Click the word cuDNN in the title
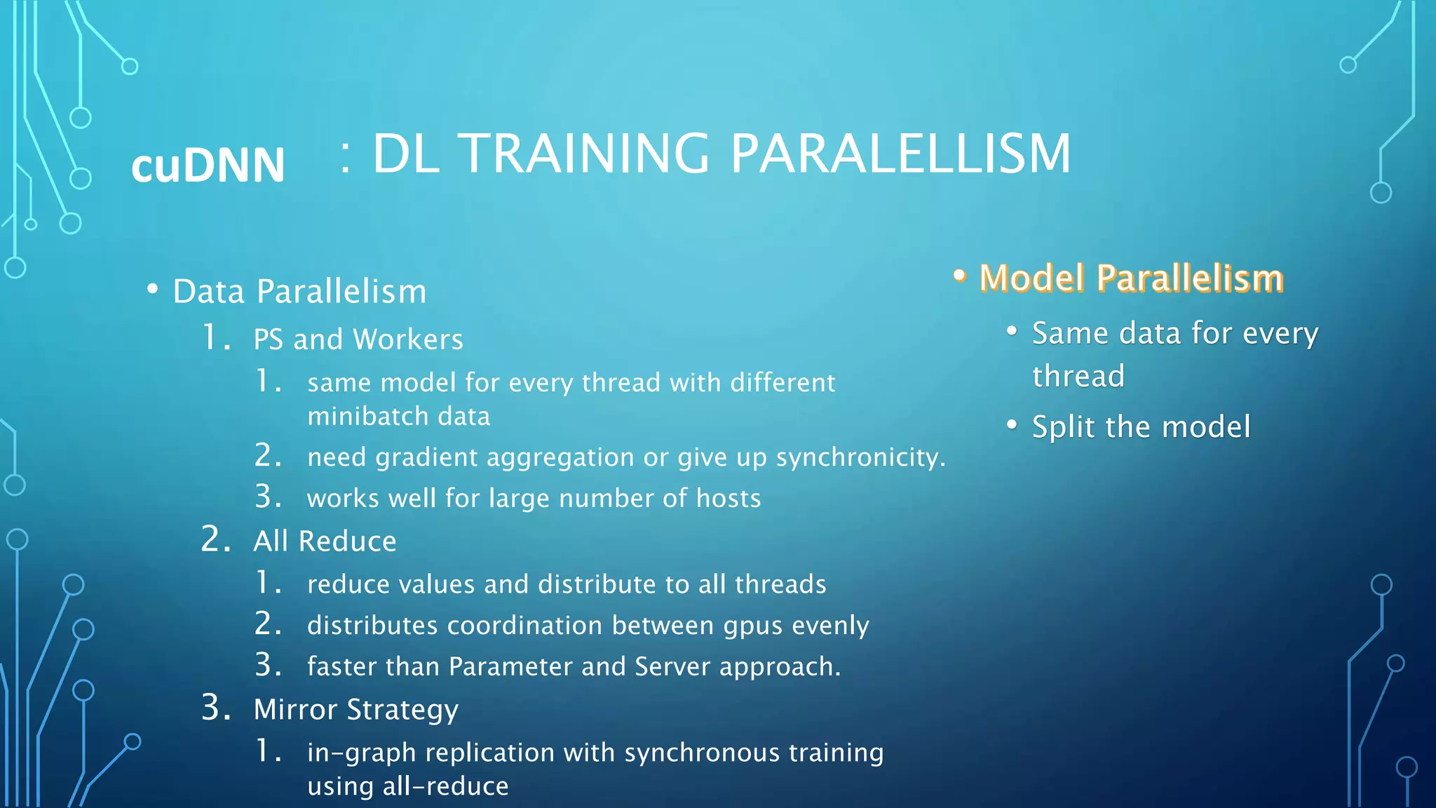(208, 166)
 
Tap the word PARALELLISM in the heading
(900, 154)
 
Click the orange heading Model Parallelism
(1131, 278)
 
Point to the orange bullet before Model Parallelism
(960, 276)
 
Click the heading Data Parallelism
(299, 291)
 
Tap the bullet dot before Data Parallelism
(152, 289)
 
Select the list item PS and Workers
(358, 339)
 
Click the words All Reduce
(325, 541)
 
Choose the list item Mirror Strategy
(355, 710)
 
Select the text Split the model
(1141, 427)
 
